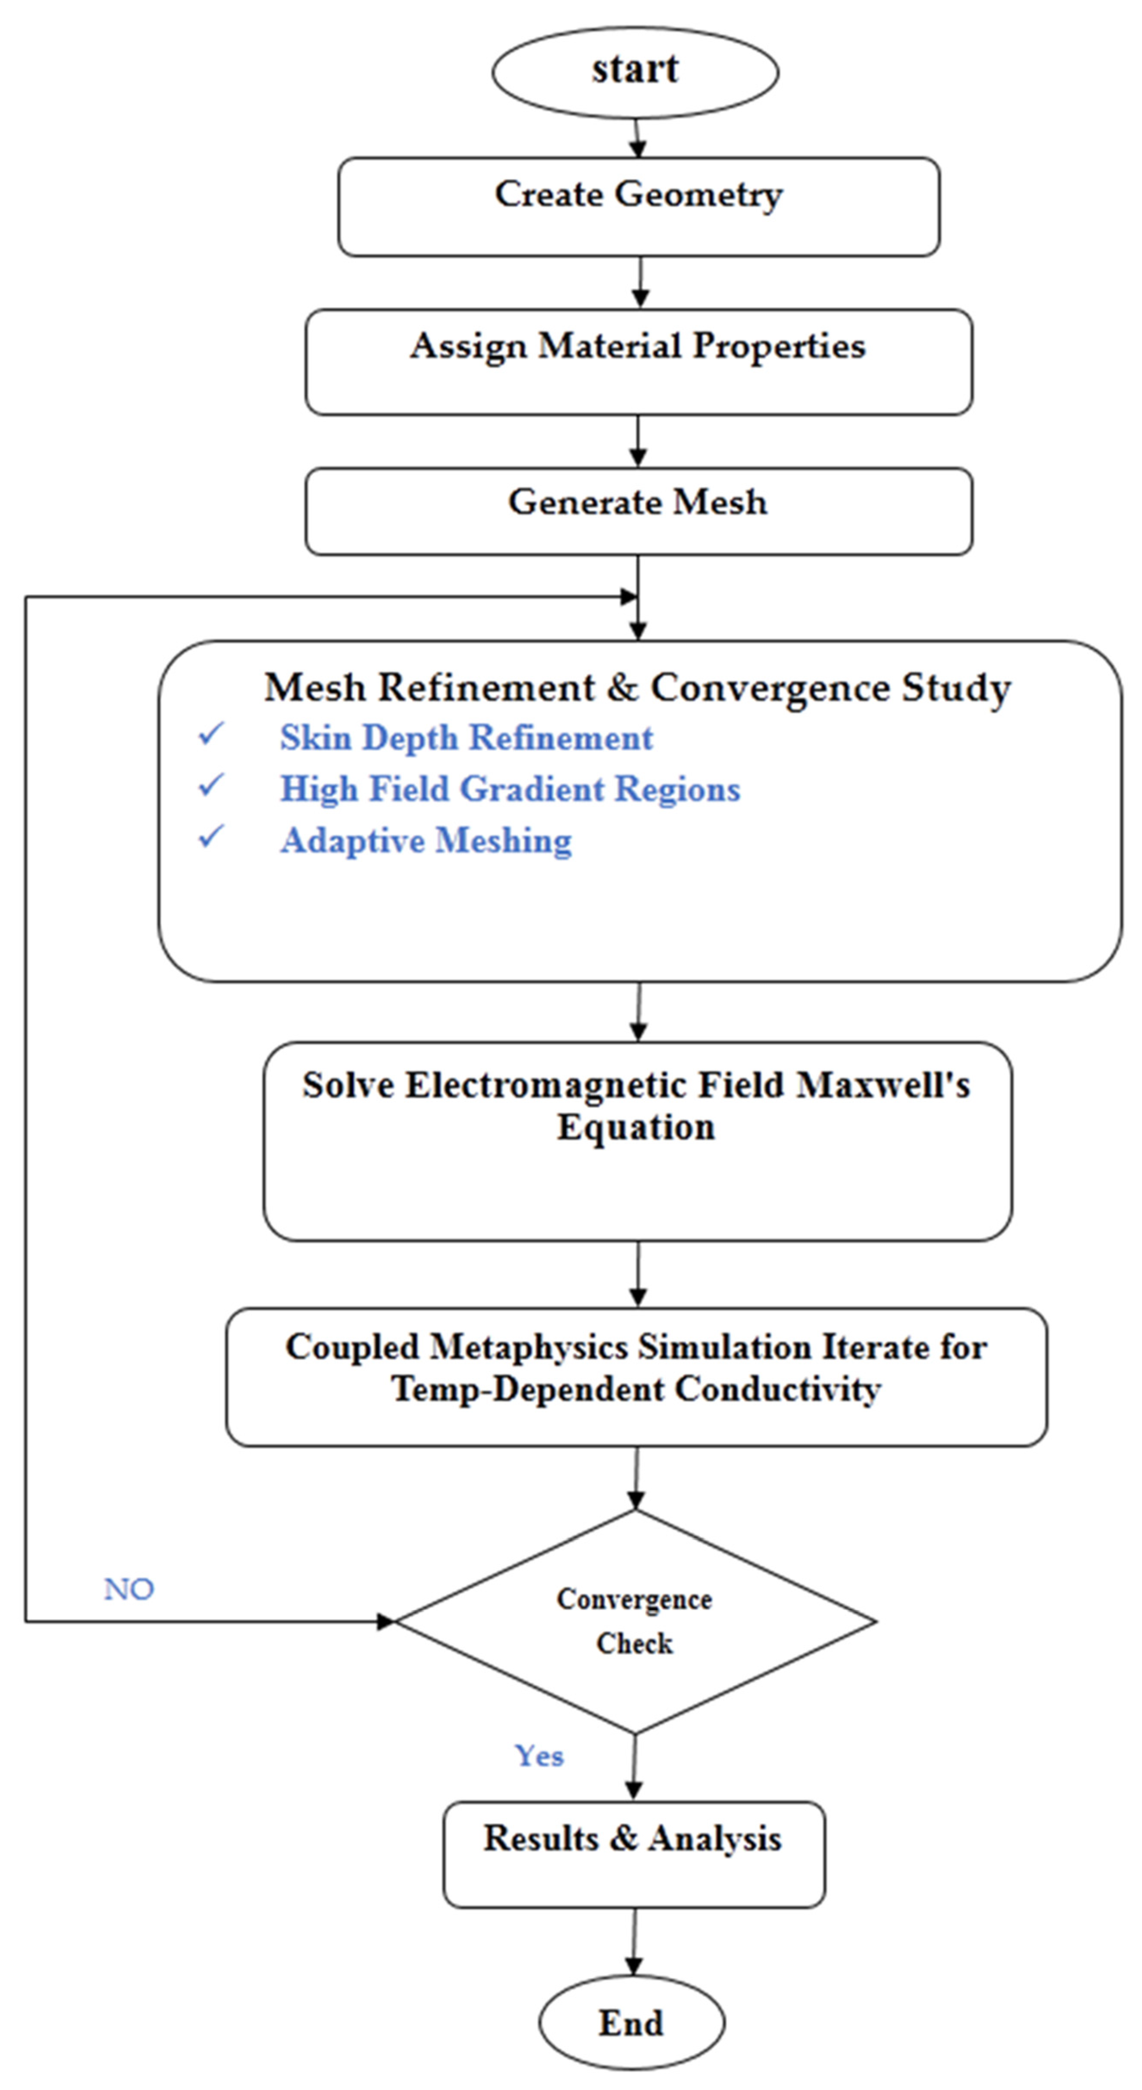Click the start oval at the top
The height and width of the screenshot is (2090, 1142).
635,72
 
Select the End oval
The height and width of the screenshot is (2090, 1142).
631,2022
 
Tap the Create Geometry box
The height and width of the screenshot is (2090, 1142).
639,207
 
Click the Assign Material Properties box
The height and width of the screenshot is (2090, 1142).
639,362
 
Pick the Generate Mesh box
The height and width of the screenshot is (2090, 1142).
639,511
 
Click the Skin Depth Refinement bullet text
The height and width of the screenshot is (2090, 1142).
466,738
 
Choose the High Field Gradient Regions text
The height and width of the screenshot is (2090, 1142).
510,788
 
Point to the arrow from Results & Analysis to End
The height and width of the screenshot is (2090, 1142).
634,1942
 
